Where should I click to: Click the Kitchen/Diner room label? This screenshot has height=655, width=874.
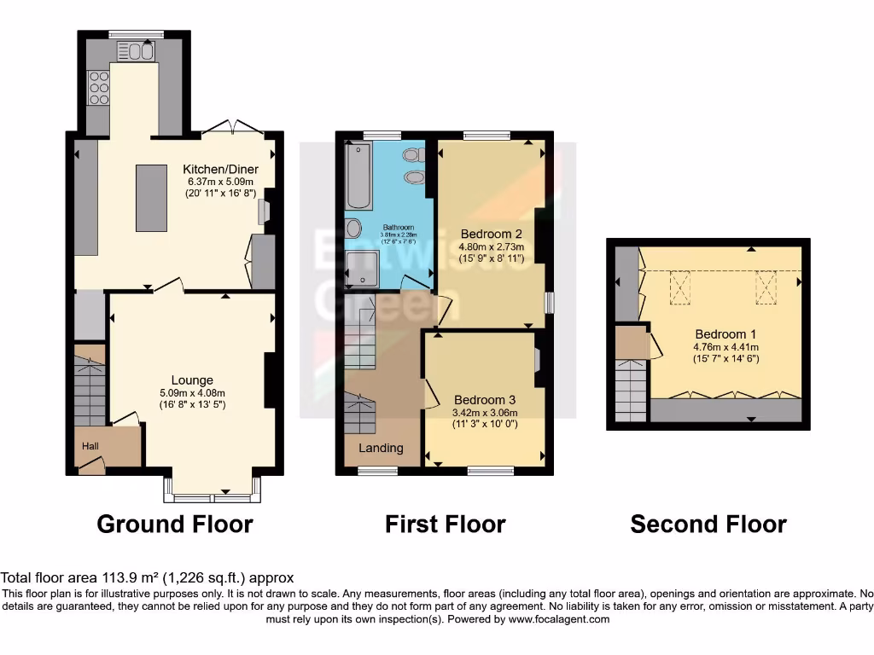pos(221,169)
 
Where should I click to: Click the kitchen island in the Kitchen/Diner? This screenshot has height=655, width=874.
pos(151,198)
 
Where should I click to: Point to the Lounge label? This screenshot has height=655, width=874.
pos(192,380)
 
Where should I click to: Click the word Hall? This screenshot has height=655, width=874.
pos(90,446)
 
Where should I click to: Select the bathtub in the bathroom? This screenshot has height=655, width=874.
pos(358,176)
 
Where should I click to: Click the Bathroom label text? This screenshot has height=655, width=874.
pos(398,228)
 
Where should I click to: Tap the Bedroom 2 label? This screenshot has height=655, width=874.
pos(491,234)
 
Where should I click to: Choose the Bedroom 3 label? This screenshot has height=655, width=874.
pos(484,399)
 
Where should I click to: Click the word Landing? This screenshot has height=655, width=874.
pos(381,448)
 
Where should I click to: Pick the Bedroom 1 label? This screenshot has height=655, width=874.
pos(725,334)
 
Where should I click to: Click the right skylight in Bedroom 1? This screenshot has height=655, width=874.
pos(766,287)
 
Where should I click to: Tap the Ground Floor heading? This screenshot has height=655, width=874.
pos(175,524)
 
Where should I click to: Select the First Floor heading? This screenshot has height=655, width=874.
pos(445,524)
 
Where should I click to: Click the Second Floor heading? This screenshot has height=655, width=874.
pos(708,524)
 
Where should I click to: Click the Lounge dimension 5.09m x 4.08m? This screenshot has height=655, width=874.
pos(192,393)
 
